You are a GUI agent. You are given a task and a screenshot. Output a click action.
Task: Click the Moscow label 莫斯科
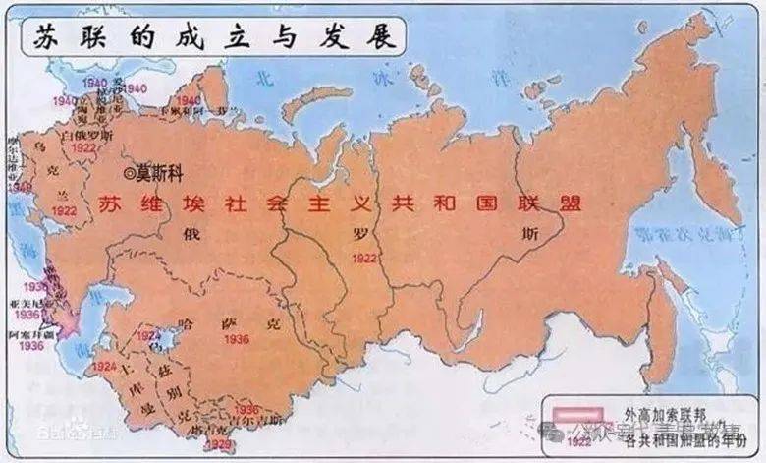click(x=158, y=168)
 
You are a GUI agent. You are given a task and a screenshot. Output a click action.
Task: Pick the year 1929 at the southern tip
click(x=221, y=444)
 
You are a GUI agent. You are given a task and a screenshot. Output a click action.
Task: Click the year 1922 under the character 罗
click(x=363, y=258)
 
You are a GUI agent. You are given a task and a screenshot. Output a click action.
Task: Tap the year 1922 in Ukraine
click(x=65, y=211)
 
